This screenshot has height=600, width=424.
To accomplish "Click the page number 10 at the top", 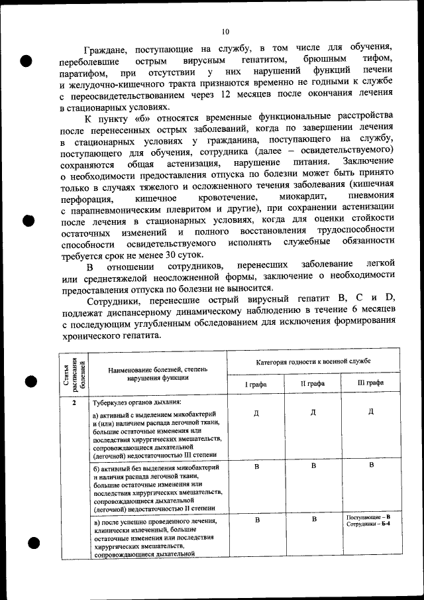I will point(225,31).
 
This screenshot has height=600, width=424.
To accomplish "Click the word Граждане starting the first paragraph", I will point(110,49).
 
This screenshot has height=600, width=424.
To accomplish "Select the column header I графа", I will point(256,383).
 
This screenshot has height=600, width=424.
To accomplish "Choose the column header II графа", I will point(313,383).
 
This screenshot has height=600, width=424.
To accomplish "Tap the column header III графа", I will point(370,383).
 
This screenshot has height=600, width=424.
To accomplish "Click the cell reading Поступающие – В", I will point(368,516).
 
